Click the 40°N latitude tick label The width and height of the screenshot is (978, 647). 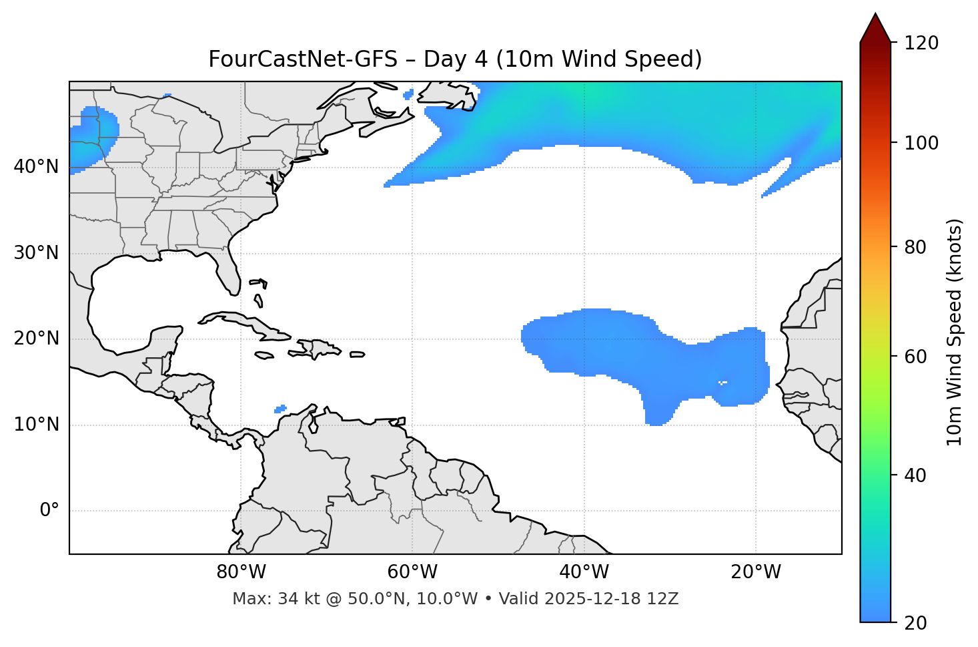coord(36,167)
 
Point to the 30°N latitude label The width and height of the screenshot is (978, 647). coord(36,253)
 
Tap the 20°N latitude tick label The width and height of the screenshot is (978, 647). coord(36,339)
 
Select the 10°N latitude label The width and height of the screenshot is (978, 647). coord(36,425)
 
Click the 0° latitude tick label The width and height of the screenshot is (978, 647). coord(49,511)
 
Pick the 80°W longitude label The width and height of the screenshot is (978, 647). coord(241,572)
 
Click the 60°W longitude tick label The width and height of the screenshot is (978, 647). coord(412,572)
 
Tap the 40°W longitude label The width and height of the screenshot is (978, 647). coord(584,572)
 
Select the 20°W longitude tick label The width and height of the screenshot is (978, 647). coord(756,572)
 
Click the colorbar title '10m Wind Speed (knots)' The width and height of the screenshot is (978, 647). coord(955,333)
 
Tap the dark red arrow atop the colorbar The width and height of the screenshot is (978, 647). coord(875,28)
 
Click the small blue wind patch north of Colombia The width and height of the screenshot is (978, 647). coord(280,409)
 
